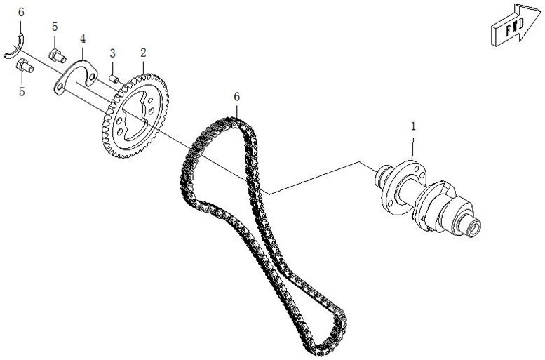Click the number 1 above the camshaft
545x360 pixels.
pos(413,126)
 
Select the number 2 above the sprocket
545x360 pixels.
pos(143,53)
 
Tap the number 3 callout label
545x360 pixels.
pos(113,53)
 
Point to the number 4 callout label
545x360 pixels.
pos(82,39)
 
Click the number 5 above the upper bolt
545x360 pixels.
pos(55,27)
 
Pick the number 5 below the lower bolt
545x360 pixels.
pos(22,92)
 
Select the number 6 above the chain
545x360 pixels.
pos(236,97)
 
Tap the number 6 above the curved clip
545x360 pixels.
pos(21,12)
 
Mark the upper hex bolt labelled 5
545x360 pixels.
pos(58,55)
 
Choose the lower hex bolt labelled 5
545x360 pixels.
pos(25,66)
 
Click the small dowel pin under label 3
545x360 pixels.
pos(114,79)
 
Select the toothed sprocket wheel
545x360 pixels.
pos(135,116)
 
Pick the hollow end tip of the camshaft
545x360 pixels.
pos(473,229)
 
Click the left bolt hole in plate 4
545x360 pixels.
pos(60,86)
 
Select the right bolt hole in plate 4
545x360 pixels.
pos(91,76)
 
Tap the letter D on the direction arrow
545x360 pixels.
pos(520,25)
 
